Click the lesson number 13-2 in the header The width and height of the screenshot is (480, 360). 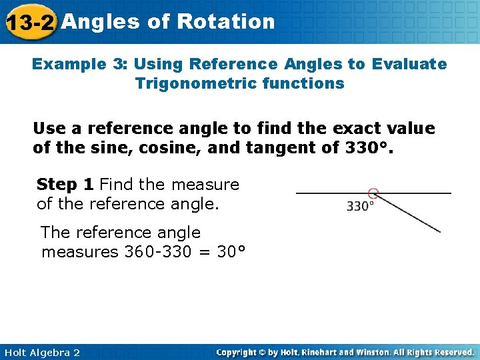pos(29,23)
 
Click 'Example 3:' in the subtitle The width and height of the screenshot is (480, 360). pos(80,64)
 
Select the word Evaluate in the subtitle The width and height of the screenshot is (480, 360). pos(409,64)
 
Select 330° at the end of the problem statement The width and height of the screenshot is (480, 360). pos(368,147)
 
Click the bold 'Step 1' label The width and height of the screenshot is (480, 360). pos(65,184)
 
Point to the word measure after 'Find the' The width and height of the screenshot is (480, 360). pos(206,184)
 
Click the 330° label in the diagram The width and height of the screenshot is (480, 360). pos(360,207)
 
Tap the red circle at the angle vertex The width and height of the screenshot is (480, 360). pos(373,194)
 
